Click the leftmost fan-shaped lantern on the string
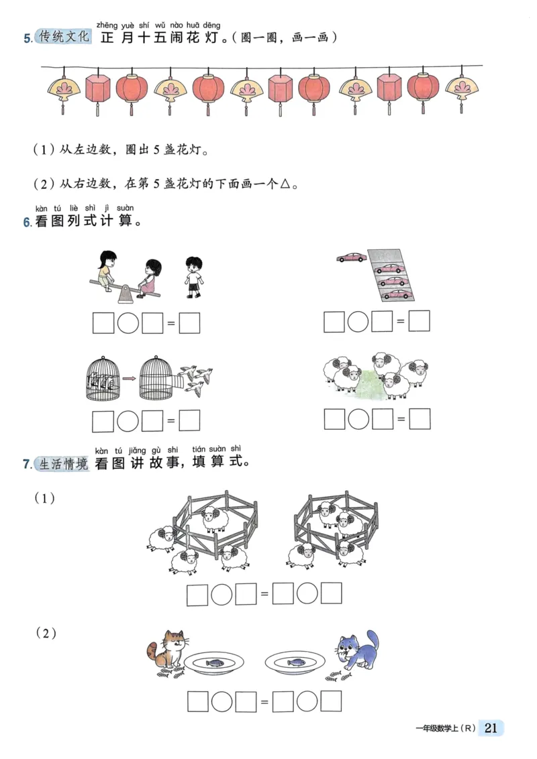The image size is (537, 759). coord(63,89)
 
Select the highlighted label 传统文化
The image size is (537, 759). coord(64,37)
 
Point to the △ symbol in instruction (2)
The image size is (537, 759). coord(285,184)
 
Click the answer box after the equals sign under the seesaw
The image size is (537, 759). coord(190,323)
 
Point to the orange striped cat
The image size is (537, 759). coord(166,650)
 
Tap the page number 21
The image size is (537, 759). coord(491,728)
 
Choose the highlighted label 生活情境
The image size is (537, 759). coord(64,463)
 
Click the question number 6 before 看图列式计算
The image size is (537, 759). coord(27,223)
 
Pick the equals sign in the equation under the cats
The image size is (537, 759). coord(264,702)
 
